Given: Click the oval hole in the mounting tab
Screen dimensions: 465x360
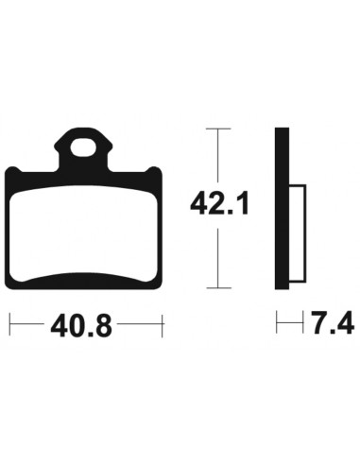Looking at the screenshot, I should [x=86, y=147].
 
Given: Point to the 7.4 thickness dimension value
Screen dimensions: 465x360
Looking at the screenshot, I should [x=330, y=327].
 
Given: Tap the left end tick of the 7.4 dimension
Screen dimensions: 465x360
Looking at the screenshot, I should [x=276, y=326].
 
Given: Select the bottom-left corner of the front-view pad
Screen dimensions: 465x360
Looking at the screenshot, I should [x=12, y=286].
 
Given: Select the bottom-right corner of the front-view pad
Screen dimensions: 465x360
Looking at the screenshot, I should [x=162, y=286].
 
